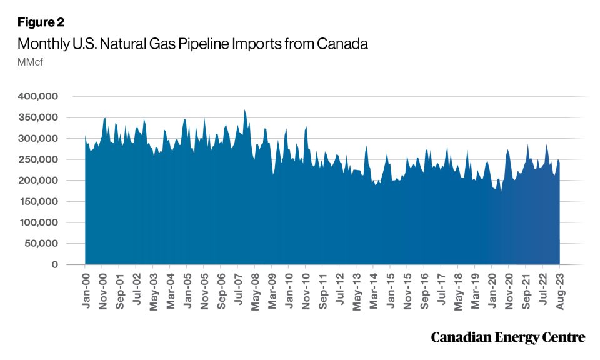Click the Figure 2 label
41,22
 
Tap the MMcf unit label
29,62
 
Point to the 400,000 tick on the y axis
39,96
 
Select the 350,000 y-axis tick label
39,117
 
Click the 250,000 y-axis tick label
39,159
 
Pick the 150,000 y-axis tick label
39,201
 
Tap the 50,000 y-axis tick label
42,243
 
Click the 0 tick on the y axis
55,264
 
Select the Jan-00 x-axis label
86,289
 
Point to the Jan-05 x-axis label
187,289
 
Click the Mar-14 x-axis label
373,289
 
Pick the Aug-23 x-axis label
559,289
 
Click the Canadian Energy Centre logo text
508,337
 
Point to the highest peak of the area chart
244,110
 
